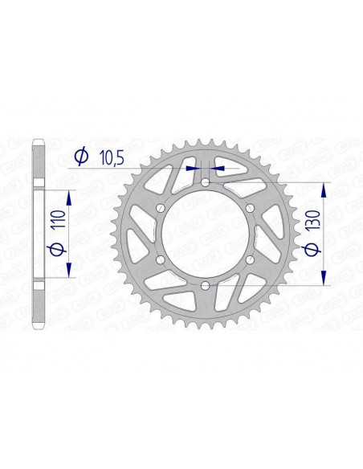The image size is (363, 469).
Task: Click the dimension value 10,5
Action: click(112, 157)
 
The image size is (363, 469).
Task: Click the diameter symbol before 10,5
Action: click(81, 157)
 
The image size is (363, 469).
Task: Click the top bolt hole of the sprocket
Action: click(206, 183)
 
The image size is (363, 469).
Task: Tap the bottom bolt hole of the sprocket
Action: click(206, 285)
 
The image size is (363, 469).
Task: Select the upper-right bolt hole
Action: click(250, 209)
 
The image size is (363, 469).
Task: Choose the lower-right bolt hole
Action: click(250, 259)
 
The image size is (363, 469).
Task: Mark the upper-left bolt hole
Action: click(161, 209)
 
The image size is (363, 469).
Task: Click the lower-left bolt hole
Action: click(161, 259)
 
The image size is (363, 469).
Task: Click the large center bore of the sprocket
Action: click(206, 234)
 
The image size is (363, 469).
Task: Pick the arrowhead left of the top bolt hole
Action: click(193, 169)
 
